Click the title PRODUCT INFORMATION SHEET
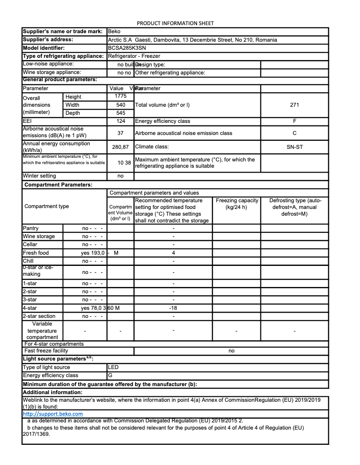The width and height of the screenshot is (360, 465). [x=175, y=23]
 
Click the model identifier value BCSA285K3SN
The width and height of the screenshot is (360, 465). [x=127, y=48]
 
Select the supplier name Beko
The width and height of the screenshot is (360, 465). [x=114, y=32]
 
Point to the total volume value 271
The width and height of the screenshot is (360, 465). [x=294, y=105]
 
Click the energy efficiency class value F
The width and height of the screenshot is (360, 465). [x=294, y=121]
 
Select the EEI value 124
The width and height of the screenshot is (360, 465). [x=121, y=121]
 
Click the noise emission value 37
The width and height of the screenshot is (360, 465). [x=121, y=133]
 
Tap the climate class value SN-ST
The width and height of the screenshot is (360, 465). [x=294, y=147]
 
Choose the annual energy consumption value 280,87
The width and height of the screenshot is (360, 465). [x=120, y=147]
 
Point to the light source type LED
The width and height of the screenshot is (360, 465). [x=114, y=367]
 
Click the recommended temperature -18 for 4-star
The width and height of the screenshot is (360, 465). [x=173, y=308]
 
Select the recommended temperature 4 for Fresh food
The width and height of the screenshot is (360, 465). [x=173, y=253]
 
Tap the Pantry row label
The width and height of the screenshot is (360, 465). [x=31, y=228]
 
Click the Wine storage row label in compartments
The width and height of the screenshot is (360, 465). [x=39, y=236]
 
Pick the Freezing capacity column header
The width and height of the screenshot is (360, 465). [x=237, y=204]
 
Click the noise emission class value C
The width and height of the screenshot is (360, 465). [x=294, y=133]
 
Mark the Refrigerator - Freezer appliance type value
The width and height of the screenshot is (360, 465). [x=134, y=56]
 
